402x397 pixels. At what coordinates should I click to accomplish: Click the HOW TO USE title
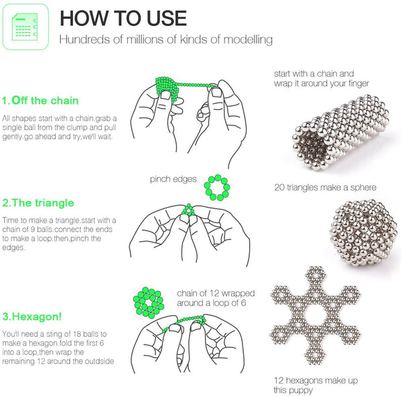click(x=123, y=18)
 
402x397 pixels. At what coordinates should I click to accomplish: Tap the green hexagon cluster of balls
click(x=151, y=302)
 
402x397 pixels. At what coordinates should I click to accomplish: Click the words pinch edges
click(x=174, y=179)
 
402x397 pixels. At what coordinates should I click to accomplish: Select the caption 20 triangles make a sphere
click(x=325, y=187)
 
